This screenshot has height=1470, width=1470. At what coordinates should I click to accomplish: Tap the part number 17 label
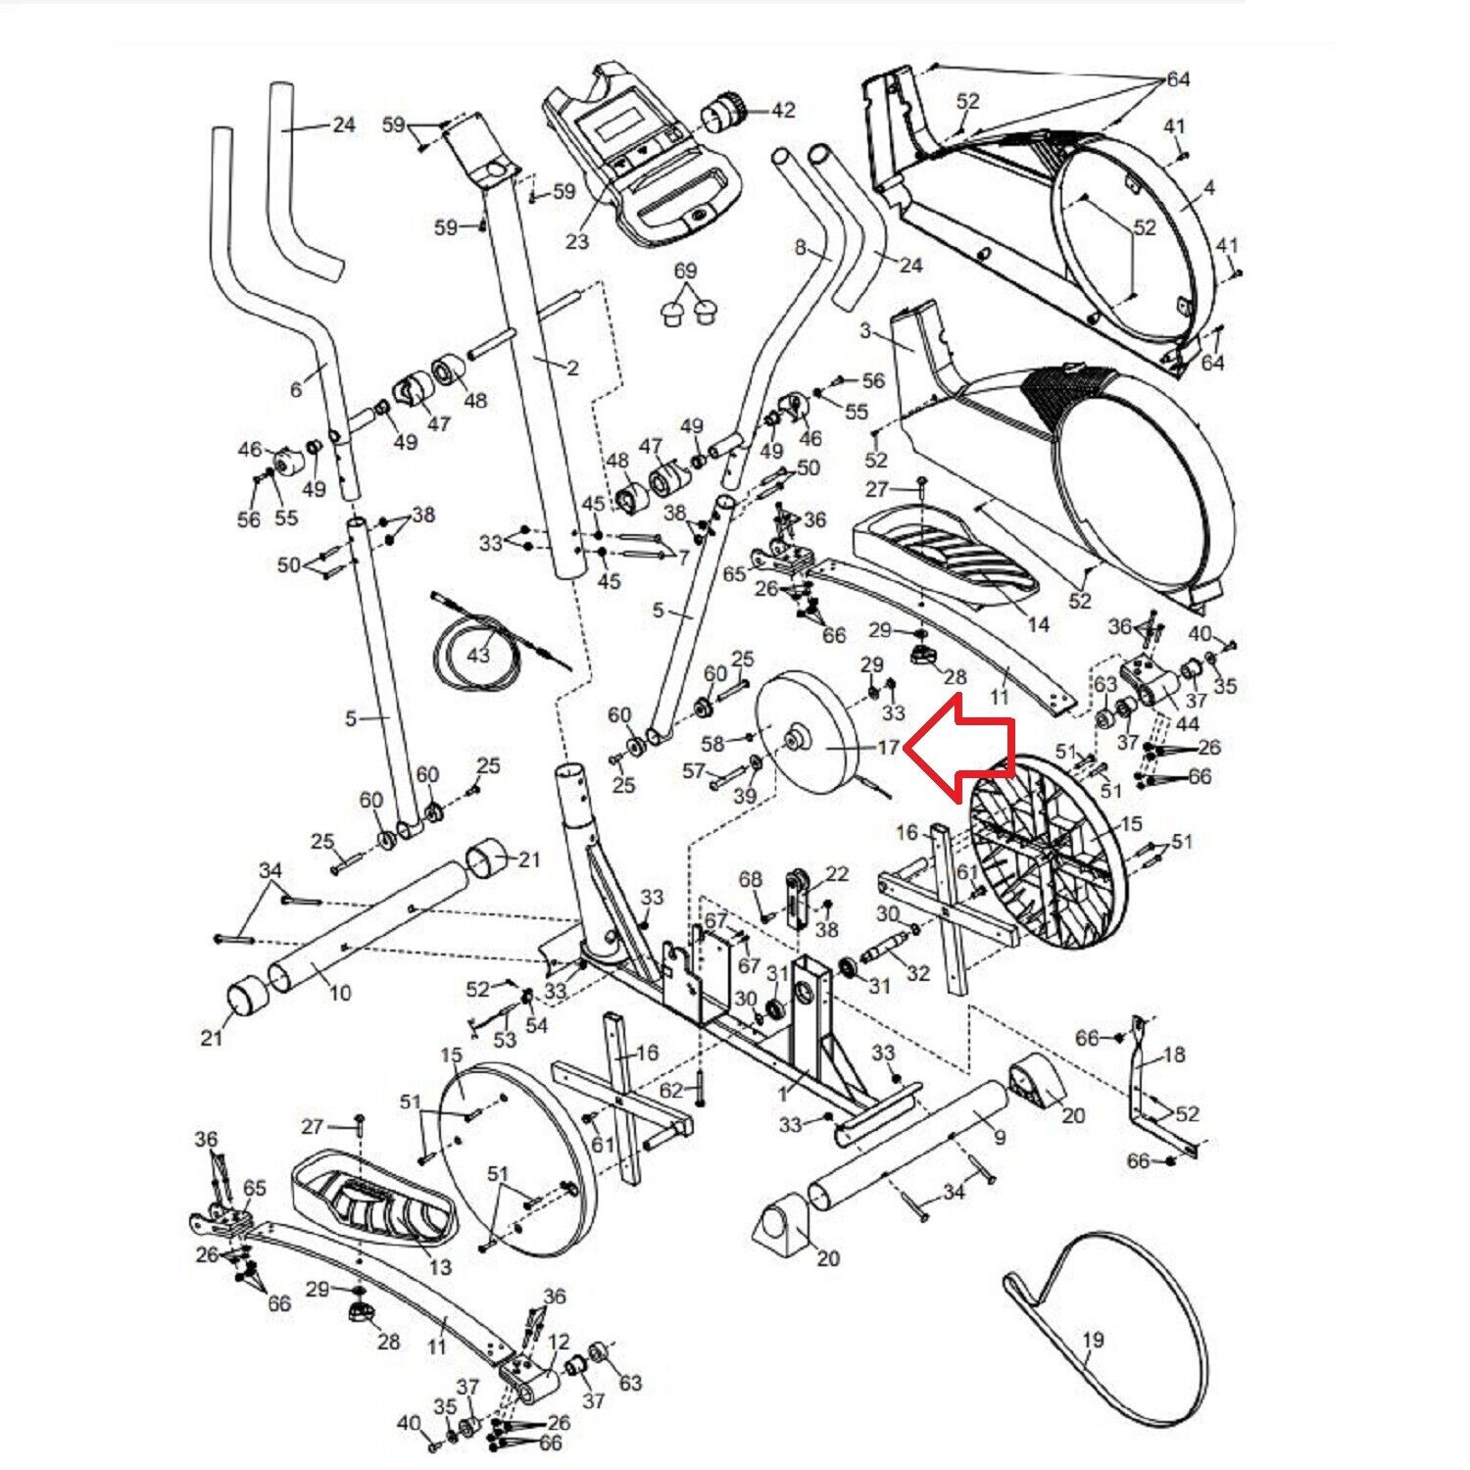coord(887,748)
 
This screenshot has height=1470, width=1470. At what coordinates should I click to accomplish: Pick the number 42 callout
coord(783,111)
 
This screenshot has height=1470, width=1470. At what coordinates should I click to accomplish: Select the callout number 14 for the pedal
coord(1039,624)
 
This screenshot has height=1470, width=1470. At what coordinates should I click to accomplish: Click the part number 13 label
coord(441,1266)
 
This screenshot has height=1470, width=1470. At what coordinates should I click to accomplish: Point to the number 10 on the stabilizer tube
coord(339,993)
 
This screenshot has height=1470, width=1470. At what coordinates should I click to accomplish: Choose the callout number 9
coord(999,1138)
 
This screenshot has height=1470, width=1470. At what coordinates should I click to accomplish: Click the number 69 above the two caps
coord(685,270)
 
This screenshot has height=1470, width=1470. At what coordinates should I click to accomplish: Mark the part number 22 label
coord(837,873)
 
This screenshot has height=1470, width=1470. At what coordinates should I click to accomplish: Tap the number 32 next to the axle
coord(917,973)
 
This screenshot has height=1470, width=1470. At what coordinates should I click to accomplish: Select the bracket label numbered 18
coord(1174,1054)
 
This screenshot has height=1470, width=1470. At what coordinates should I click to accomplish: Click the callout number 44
coord(1188,724)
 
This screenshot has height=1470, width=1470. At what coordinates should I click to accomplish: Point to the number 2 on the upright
coord(572,367)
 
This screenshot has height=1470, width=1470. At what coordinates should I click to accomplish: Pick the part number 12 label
coord(559,1340)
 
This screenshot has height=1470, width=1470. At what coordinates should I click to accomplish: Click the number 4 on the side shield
coord(1208,187)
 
